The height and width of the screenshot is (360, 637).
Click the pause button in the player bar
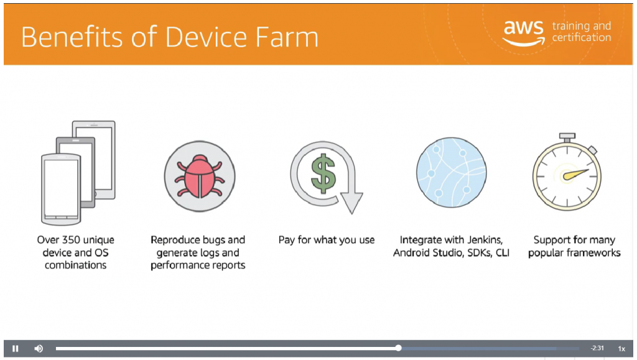point(16,349)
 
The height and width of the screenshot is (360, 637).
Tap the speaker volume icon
point(39,349)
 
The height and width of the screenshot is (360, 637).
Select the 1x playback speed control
point(621,349)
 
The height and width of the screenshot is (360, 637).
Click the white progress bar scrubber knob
point(398,348)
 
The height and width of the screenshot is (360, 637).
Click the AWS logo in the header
point(524,31)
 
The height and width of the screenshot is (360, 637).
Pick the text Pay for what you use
point(326,240)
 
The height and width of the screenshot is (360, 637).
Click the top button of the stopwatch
point(567,136)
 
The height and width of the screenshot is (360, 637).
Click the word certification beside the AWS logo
point(581,37)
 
